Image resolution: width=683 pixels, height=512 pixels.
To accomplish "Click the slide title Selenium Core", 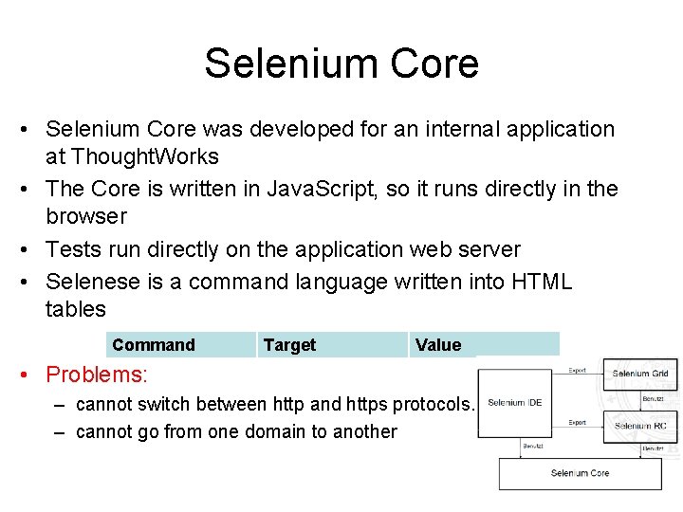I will (341, 64).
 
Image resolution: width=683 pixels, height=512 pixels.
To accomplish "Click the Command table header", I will (153, 345).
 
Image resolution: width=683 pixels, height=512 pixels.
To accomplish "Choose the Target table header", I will (289, 345).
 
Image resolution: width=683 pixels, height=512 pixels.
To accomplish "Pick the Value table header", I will (437, 345).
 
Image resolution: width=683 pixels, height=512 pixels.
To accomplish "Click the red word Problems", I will (97, 375).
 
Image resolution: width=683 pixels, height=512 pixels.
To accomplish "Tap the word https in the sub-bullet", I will (367, 405).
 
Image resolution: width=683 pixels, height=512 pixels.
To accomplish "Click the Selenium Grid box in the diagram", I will (640, 374).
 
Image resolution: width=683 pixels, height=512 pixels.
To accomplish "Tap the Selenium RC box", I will (640, 426).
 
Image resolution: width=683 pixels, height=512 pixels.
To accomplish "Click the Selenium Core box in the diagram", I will (580, 473).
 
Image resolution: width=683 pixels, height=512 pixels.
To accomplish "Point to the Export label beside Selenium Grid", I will (577, 371).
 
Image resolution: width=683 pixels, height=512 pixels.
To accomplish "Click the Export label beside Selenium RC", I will (577, 423).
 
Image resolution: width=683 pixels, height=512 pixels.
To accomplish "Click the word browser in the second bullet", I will (85, 216).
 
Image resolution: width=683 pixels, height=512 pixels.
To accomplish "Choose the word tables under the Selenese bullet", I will (76, 309).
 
